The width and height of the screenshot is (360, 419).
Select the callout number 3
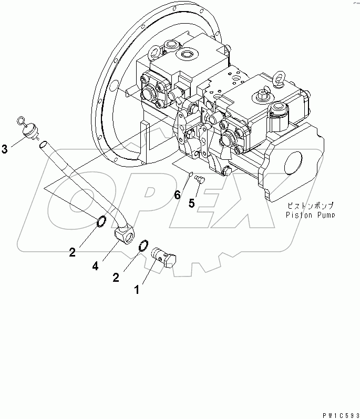(x=5, y=150)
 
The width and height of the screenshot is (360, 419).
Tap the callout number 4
(x=95, y=267)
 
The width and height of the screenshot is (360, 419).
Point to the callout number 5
(x=192, y=203)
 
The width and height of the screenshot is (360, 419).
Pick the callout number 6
(x=178, y=195)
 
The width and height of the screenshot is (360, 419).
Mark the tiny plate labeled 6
(x=192, y=175)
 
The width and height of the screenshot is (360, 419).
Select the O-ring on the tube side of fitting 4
(x=102, y=221)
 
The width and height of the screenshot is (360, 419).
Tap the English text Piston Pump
(x=310, y=214)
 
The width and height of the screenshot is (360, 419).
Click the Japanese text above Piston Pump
(x=310, y=206)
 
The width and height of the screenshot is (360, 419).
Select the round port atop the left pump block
(x=188, y=55)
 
